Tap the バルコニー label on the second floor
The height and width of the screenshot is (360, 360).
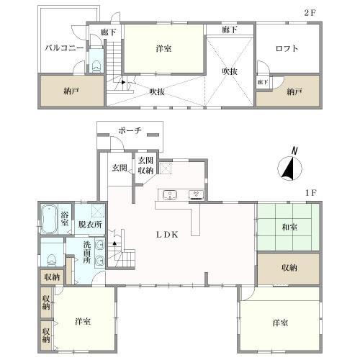pyautogui.click(x=64, y=48)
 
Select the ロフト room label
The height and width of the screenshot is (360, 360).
pyautogui.click(x=287, y=49)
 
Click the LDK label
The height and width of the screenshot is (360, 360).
pyautogui.click(x=167, y=235)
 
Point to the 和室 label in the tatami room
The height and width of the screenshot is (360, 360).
pyautogui.click(x=289, y=227)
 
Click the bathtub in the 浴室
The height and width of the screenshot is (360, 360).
pyautogui.click(x=49, y=219)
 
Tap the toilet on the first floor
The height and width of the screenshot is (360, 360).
pyautogui.click(x=52, y=260)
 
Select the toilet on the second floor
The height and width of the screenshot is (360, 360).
pyautogui.click(x=96, y=66)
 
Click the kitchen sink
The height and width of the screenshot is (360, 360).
pyautogui.click(x=170, y=194)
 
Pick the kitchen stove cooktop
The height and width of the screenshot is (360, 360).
pyautogui.click(x=196, y=195)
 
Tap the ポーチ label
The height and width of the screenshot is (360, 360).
pyautogui.click(x=130, y=130)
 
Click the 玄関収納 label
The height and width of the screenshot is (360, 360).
pyautogui.click(x=145, y=166)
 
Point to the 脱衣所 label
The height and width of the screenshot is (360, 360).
pyautogui.click(x=90, y=225)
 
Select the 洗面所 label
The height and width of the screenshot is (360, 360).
pyautogui.click(x=87, y=253)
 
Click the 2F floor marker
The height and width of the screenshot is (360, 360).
pyautogui.click(x=310, y=13)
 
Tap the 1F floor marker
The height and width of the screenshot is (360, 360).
pyautogui.click(x=311, y=193)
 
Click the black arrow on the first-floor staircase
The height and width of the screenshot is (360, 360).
pyautogui.click(x=114, y=243)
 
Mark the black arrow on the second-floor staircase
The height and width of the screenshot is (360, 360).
pyautogui.click(x=123, y=82)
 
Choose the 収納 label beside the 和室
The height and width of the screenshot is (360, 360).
pyautogui.click(x=289, y=268)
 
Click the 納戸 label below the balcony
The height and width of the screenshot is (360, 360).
pyautogui.click(x=71, y=91)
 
